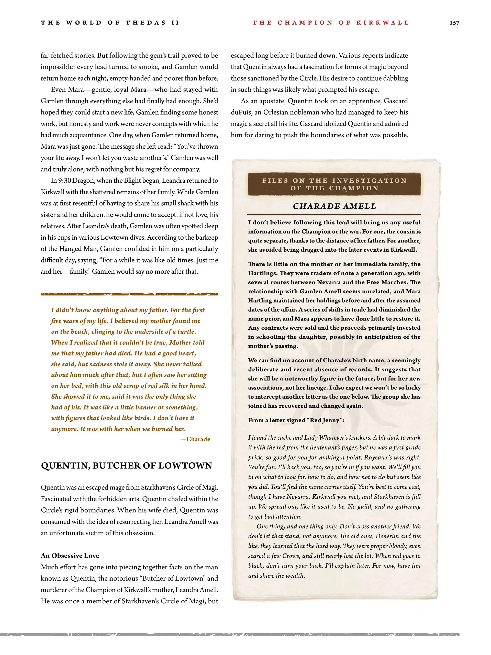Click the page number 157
coord(454,23)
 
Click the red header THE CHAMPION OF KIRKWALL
coord(330,23)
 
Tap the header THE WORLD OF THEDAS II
coord(110,23)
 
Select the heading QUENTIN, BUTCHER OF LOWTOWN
coord(126,466)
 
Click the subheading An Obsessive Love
coord(70,556)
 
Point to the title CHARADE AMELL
coord(334,206)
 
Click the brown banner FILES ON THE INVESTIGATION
coord(334,184)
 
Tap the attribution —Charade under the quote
coord(195,439)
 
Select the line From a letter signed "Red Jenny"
coord(296,420)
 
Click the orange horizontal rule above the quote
coord(129,294)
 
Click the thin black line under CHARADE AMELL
coord(334,214)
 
